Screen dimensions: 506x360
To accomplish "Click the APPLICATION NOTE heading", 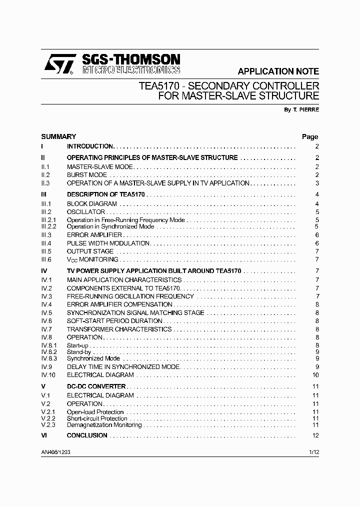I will (278, 71).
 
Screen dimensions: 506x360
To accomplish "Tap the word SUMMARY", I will (58, 136).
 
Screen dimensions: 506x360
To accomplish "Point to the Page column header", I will (310, 136).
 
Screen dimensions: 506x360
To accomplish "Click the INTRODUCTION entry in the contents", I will (90, 146).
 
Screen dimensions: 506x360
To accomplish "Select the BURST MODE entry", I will (87, 175).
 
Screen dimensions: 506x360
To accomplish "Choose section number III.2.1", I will (49, 220).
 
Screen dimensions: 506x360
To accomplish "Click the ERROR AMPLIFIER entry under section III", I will (94, 235).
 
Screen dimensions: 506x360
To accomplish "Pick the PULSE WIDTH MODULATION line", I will (108, 243).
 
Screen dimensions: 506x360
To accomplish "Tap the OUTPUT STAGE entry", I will (90, 251).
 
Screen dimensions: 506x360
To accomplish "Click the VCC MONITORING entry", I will (92, 260).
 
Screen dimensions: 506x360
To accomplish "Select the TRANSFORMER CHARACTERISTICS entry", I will (119, 329).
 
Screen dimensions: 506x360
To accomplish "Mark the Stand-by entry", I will (79, 352).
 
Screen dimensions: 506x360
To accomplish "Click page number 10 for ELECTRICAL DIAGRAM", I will (315, 375).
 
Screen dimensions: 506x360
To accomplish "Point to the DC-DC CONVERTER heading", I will (96, 386).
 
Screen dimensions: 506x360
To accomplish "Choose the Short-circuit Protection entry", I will (97, 418).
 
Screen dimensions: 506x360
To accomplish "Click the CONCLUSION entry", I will (87, 435).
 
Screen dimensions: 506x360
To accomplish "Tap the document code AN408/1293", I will (59, 451).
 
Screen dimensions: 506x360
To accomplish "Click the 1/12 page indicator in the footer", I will (313, 451).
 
